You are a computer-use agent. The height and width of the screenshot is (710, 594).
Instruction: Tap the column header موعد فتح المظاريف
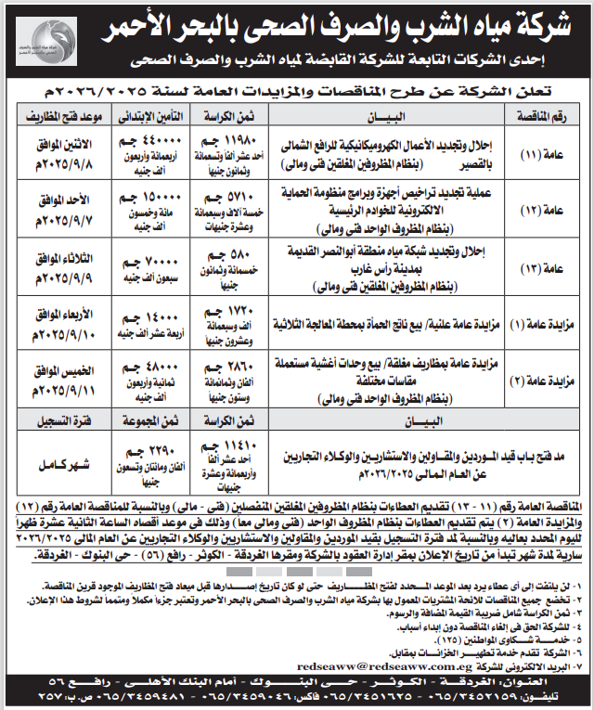[54, 117]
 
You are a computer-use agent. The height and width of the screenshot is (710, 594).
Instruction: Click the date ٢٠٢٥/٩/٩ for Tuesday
[53, 275]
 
